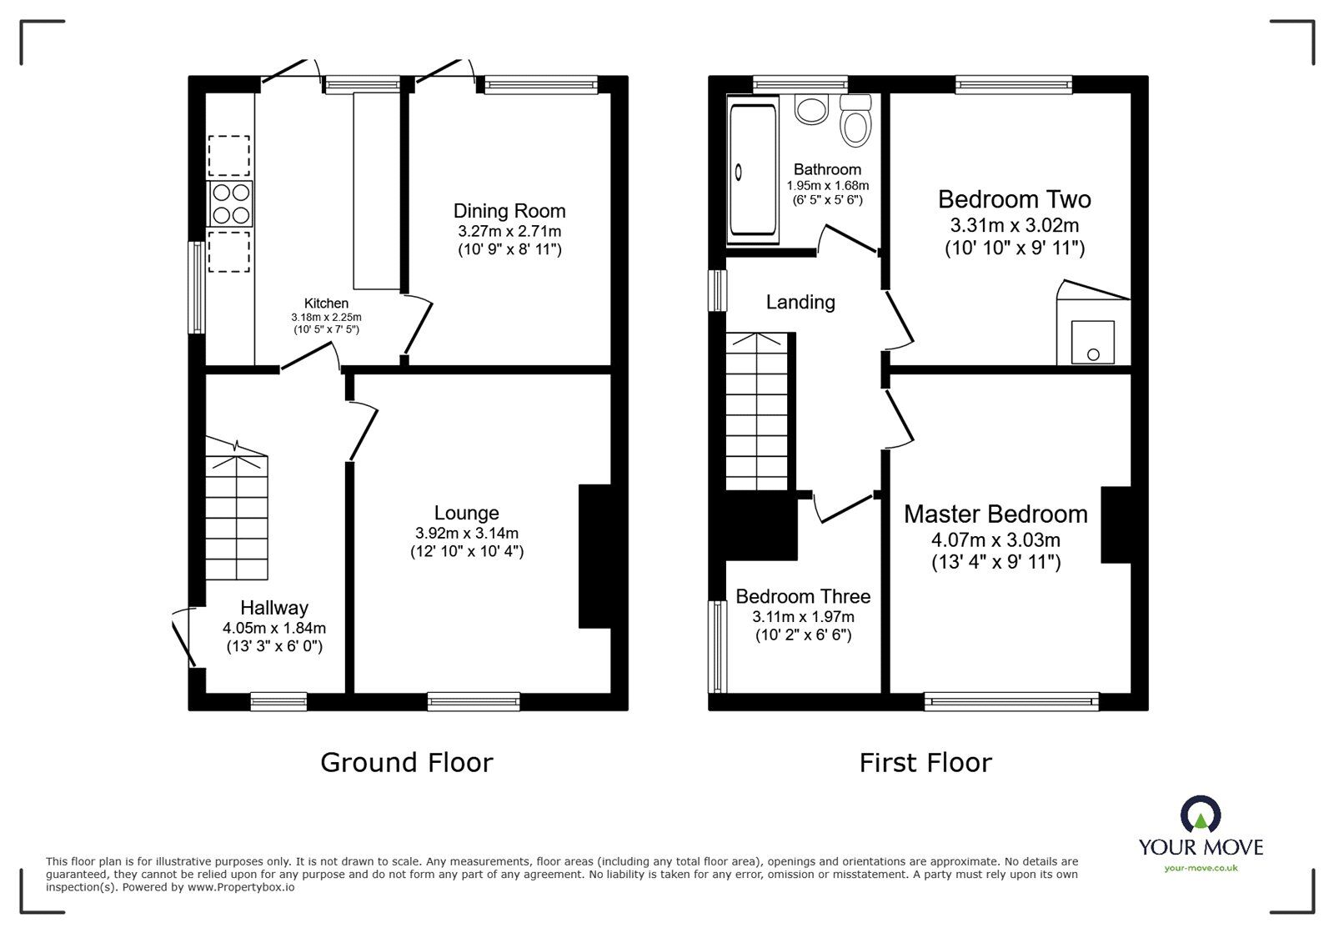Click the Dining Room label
point(509,211)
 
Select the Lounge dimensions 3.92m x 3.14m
point(466,533)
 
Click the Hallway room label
point(274,608)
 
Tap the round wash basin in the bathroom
point(809,109)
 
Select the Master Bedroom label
point(995,514)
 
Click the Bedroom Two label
point(1014,199)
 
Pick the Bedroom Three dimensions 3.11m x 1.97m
point(803,617)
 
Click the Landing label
point(800,302)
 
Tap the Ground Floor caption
point(406,762)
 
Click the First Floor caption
point(925,762)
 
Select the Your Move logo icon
point(1201,815)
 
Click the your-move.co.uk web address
point(1201,868)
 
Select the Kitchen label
point(326,303)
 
